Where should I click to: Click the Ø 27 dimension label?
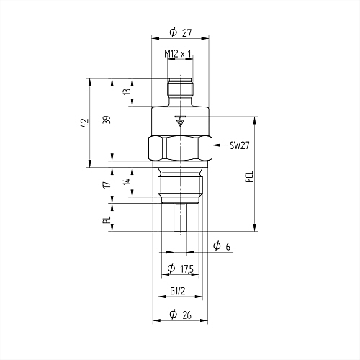pos(181,32)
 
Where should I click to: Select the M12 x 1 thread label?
pos(178,54)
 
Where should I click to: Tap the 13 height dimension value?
pos(127,91)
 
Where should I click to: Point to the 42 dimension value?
pos(86,123)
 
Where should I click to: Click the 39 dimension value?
pos(108,120)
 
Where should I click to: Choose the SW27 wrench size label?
pos(240,145)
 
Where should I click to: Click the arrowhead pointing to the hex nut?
pos(216,145)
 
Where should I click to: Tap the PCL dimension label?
pos(249,176)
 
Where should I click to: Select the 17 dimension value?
pos(108,184)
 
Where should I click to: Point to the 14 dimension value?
pos(127,181)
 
